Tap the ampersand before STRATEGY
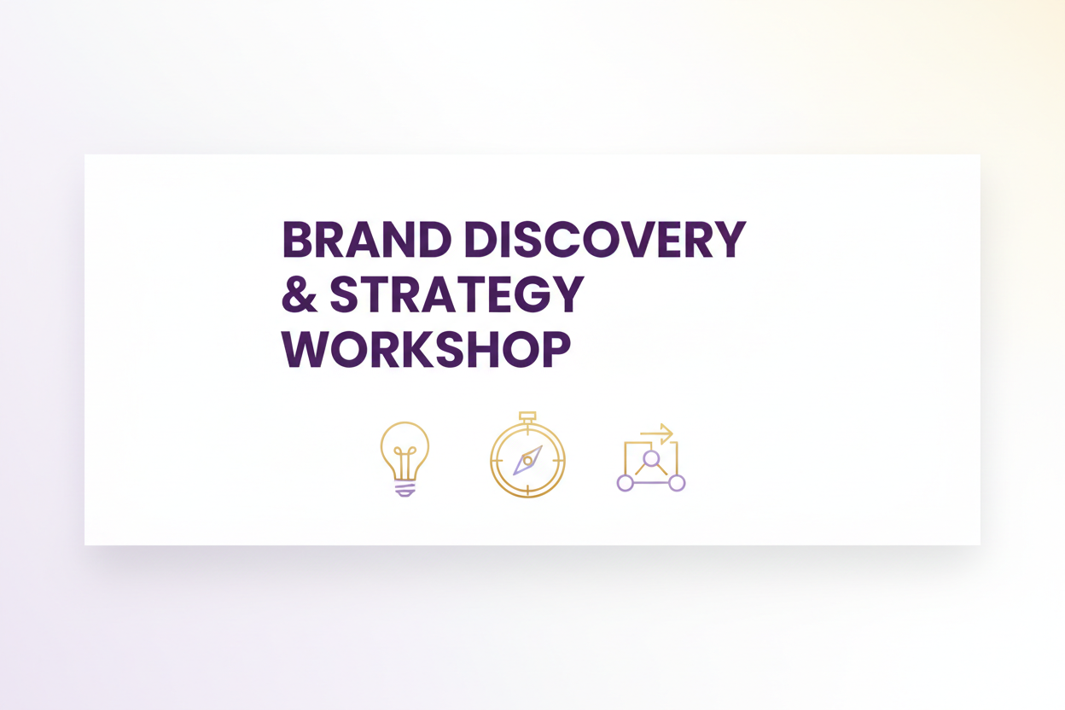300,294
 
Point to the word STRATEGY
457,294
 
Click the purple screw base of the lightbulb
405,488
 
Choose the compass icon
527,458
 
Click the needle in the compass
527,460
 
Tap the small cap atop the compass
527,417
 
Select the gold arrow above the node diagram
658,434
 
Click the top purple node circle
651,459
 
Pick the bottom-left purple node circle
625,483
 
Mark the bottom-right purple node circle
677,483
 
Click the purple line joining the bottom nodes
650,483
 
